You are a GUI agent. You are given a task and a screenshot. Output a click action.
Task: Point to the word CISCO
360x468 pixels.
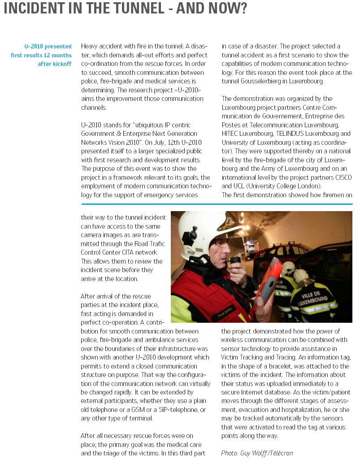[343, 178]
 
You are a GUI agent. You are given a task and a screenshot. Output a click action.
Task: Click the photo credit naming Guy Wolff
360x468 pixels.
[257, 453]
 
